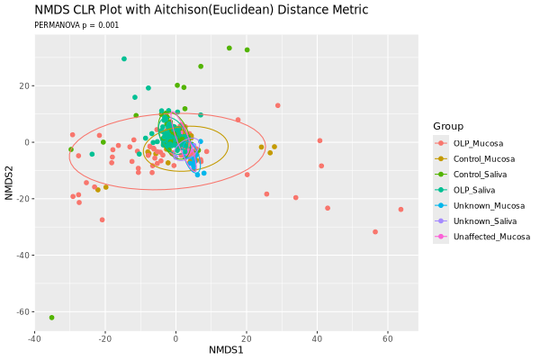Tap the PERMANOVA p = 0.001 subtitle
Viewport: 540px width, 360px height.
click(76, 26)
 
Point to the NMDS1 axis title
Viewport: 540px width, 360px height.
click(226, 349)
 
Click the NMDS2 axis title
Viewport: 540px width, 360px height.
click(9, 183)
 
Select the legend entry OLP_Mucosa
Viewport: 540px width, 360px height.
click(478, 143)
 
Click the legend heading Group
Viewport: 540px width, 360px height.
click(448, 125)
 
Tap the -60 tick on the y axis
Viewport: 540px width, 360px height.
click(20, 311)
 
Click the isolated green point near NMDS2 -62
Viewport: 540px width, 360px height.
click(51, 318)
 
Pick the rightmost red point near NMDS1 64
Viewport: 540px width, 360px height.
click(400, 210)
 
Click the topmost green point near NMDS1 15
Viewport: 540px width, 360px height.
click(229, 49)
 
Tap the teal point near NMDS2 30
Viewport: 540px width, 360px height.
click(124, 59)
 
